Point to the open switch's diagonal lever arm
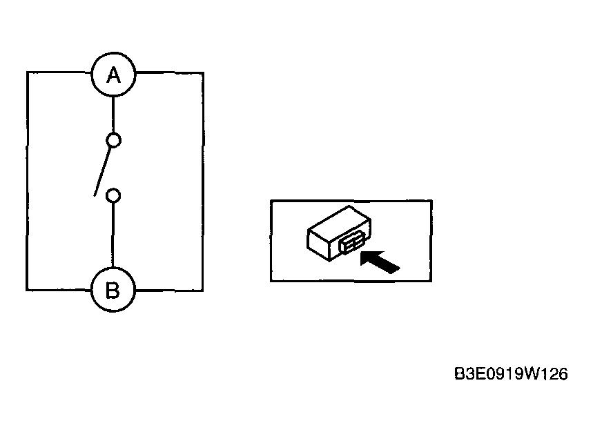point(102,172)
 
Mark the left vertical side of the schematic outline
point(27,181)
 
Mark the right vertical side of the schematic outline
point(203,181)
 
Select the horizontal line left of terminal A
point(59,72)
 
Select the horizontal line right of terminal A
point(169,72)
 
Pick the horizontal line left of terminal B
point(59,290)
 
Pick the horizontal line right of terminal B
point(169,291)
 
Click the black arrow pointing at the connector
point(379,261)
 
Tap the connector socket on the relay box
point(353,242)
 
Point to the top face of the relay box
point(339,223)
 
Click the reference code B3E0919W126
point(511,374)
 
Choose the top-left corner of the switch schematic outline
point(27,72)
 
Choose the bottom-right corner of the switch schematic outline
point(203,291)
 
